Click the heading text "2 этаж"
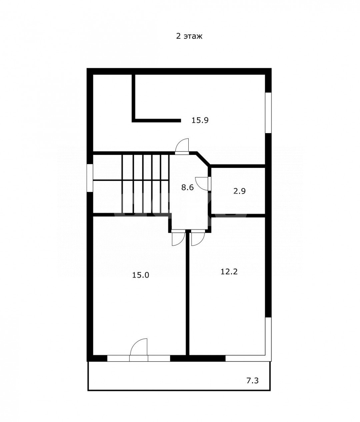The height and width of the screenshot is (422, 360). click(x=189, y=36)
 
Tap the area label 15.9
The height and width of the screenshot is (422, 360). click(x=200, y=120)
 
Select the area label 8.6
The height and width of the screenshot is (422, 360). click(x=187, y=187)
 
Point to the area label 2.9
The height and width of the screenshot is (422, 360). click(x=239, y=191)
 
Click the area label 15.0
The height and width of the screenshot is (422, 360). click(x=141, y=275)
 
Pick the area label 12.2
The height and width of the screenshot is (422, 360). click(x=229, y=272)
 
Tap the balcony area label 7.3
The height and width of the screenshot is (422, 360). click(x=253, y=381)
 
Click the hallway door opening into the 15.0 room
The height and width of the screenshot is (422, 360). click(x=178, y=238)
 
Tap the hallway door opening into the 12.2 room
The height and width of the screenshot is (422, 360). click(x=198, y=238)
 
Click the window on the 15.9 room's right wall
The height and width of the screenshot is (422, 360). click(x=268, y=113)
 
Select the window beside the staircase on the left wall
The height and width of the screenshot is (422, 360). click(x=90, y=178)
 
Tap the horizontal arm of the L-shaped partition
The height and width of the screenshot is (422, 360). click(x=156, y=121)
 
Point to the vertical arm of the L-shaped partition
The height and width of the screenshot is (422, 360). click(x=133, y=98)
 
